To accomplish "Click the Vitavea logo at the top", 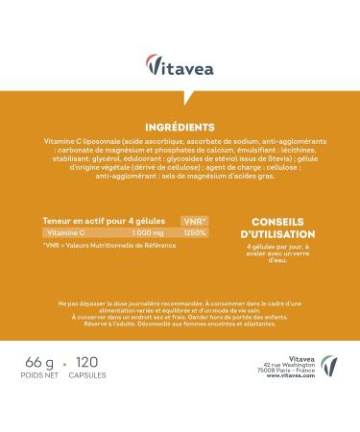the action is pyautogui.click(x=180, y=64).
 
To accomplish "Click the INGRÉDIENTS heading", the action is pyautogui.click(x=180, y=127).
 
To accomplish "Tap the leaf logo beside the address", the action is pyautogui.click(x=329, y=365).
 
